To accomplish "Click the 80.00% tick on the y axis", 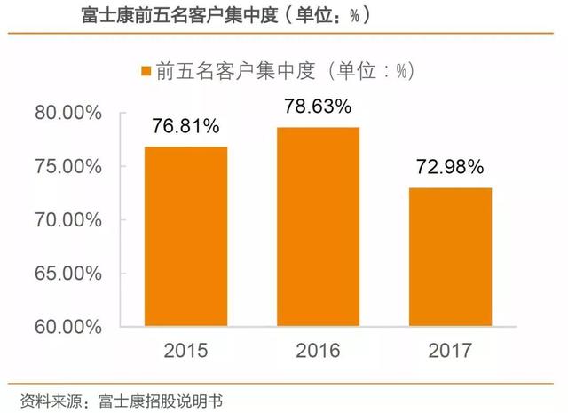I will pos(74,113).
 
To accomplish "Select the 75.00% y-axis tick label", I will pos(74,166).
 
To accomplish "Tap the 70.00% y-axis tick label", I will pos(74,219).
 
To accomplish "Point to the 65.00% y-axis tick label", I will pos(74,273).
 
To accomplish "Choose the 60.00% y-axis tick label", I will pos(74,326).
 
